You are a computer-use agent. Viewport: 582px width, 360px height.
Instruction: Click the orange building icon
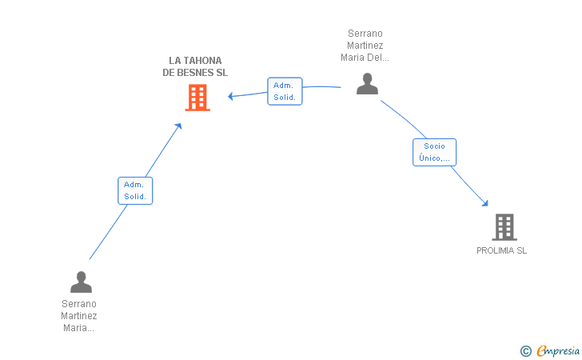click(x=197, y=98)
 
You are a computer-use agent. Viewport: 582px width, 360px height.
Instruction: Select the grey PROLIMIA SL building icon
click(x=504, y=227)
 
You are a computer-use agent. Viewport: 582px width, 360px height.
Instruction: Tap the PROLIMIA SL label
click(x=501, y=250)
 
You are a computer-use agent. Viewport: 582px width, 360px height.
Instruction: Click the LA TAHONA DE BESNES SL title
click(x=195, y=66)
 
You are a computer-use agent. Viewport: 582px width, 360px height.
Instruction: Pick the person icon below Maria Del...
click(x=367, y=83)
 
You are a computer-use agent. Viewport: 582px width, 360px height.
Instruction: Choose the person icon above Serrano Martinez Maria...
click(x=81, y=282)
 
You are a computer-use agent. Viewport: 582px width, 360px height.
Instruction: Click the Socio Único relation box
click(x=434, y=152)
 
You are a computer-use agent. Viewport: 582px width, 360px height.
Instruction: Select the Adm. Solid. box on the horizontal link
click(x=285, y=91)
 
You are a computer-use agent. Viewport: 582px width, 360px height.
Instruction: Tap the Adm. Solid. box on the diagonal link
click(x=135, y=190)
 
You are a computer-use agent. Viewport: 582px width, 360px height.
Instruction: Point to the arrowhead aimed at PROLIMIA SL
click(x=485, y=203)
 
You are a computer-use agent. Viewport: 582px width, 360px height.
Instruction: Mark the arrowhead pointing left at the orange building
click(x=230, y=96)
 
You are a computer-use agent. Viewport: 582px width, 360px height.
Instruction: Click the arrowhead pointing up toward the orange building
click(x=178, y=126)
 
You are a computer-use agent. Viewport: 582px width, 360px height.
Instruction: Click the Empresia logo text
click(x=558, y=350)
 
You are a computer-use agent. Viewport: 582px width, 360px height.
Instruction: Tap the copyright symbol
click(x=526, y=351)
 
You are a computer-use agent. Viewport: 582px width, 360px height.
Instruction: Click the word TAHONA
click(x=203, y=61)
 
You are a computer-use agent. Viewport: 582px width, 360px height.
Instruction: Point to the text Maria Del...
click(x=365, y=58)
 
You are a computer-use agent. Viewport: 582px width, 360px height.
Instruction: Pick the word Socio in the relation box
click(x=434, y=146)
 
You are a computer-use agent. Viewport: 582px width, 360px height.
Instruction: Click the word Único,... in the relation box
click(x=434, y=158)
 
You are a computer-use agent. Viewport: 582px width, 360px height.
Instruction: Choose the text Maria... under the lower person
click(x=78, y=328)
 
